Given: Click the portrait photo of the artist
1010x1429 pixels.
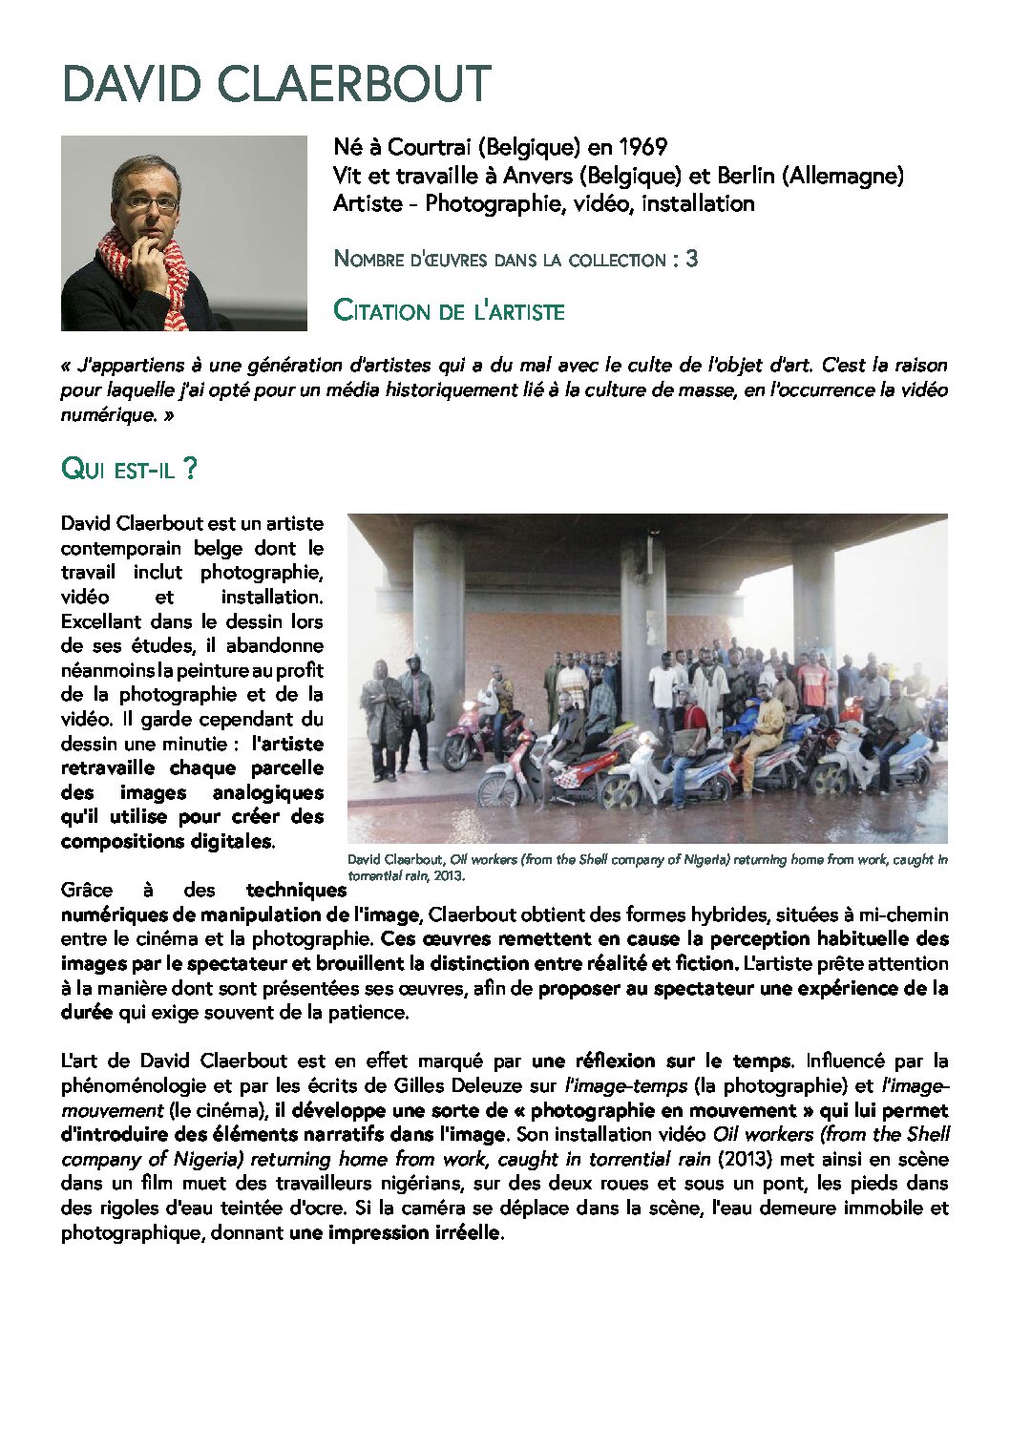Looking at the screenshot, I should click(x=183, y=233).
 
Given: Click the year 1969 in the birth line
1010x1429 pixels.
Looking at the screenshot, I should click(x=642, y=147).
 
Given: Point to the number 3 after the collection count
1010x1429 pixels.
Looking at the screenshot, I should click(x=691, y=259).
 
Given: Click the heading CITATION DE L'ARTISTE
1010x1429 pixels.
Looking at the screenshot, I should click(x=449, y=311).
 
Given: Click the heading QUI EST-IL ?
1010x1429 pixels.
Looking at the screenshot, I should click(x=129, y=469).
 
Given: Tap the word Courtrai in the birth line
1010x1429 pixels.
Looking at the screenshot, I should click(x=430, y=147).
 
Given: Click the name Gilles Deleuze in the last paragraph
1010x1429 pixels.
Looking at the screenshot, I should click(x=463, y=1085).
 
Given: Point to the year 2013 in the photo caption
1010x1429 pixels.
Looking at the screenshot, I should click(x=449, y=874).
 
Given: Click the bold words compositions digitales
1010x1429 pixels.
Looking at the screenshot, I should click(x=166, y=841).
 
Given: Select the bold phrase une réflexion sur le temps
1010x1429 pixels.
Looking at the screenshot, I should click(x=661, y=1061).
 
